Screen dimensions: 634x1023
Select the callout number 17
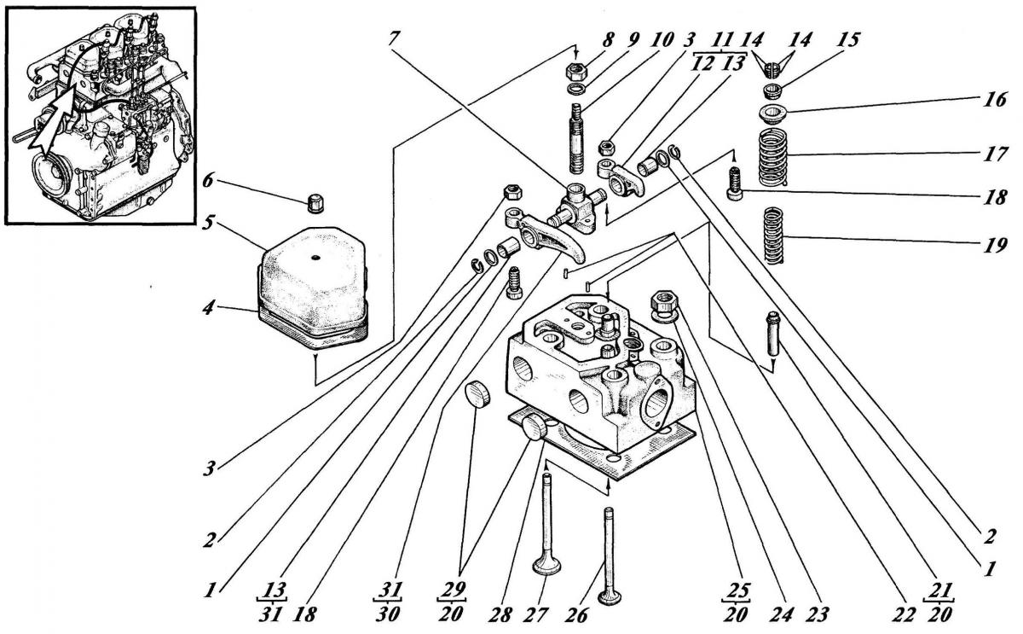pos(991,156)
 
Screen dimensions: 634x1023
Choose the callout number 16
pos(991,101)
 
